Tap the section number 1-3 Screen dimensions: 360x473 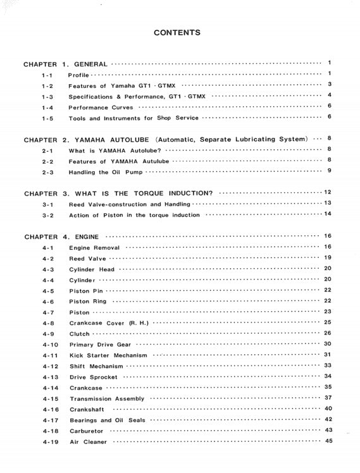[x=47, y=97]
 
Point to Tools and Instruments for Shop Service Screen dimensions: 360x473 [x=133, y=118]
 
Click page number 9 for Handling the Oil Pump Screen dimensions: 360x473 [x=330, y=171]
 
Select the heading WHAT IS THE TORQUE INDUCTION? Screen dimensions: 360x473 [x=152, y=193]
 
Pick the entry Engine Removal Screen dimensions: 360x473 [x=94, y=247]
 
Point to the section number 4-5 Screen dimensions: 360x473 [x=48, y=291]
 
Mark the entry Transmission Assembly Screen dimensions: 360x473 [x=107, y=399]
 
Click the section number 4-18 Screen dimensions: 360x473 [x=50, y=431]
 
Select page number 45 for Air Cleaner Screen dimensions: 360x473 [x=328, y=441]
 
